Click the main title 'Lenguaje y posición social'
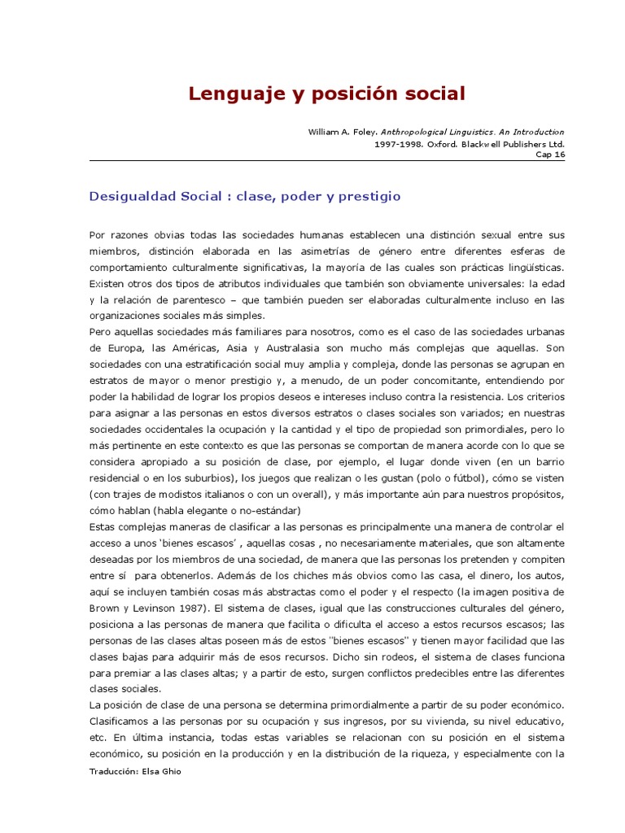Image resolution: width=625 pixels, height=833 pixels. pyautogui.click(x=327, y=94)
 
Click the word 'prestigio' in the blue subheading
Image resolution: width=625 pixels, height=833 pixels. pyautogui.click(x=365, y=197)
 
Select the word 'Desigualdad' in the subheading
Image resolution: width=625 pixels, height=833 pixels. pyautogui.click(x=129, y=197)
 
